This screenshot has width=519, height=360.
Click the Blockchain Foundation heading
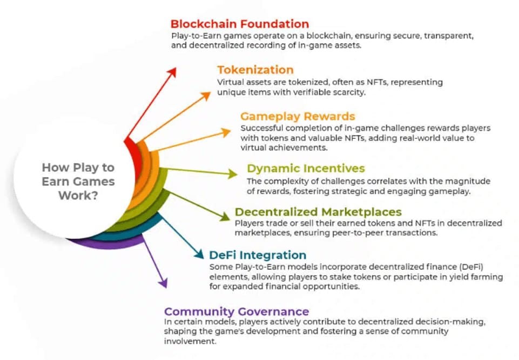coord(239,24)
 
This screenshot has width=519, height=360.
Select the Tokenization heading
coord(255,70)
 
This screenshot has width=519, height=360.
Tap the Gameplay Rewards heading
coord(298,116)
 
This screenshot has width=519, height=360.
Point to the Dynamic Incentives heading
coord(306,168)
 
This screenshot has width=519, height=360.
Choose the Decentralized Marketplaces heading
coord(318,212)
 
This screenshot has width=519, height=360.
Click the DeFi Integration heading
coord(257,255)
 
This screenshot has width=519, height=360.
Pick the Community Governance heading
coord(237,311)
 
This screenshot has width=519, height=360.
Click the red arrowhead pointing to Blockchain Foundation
coord(173,72)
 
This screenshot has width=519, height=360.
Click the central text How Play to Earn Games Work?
coord(78,181)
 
